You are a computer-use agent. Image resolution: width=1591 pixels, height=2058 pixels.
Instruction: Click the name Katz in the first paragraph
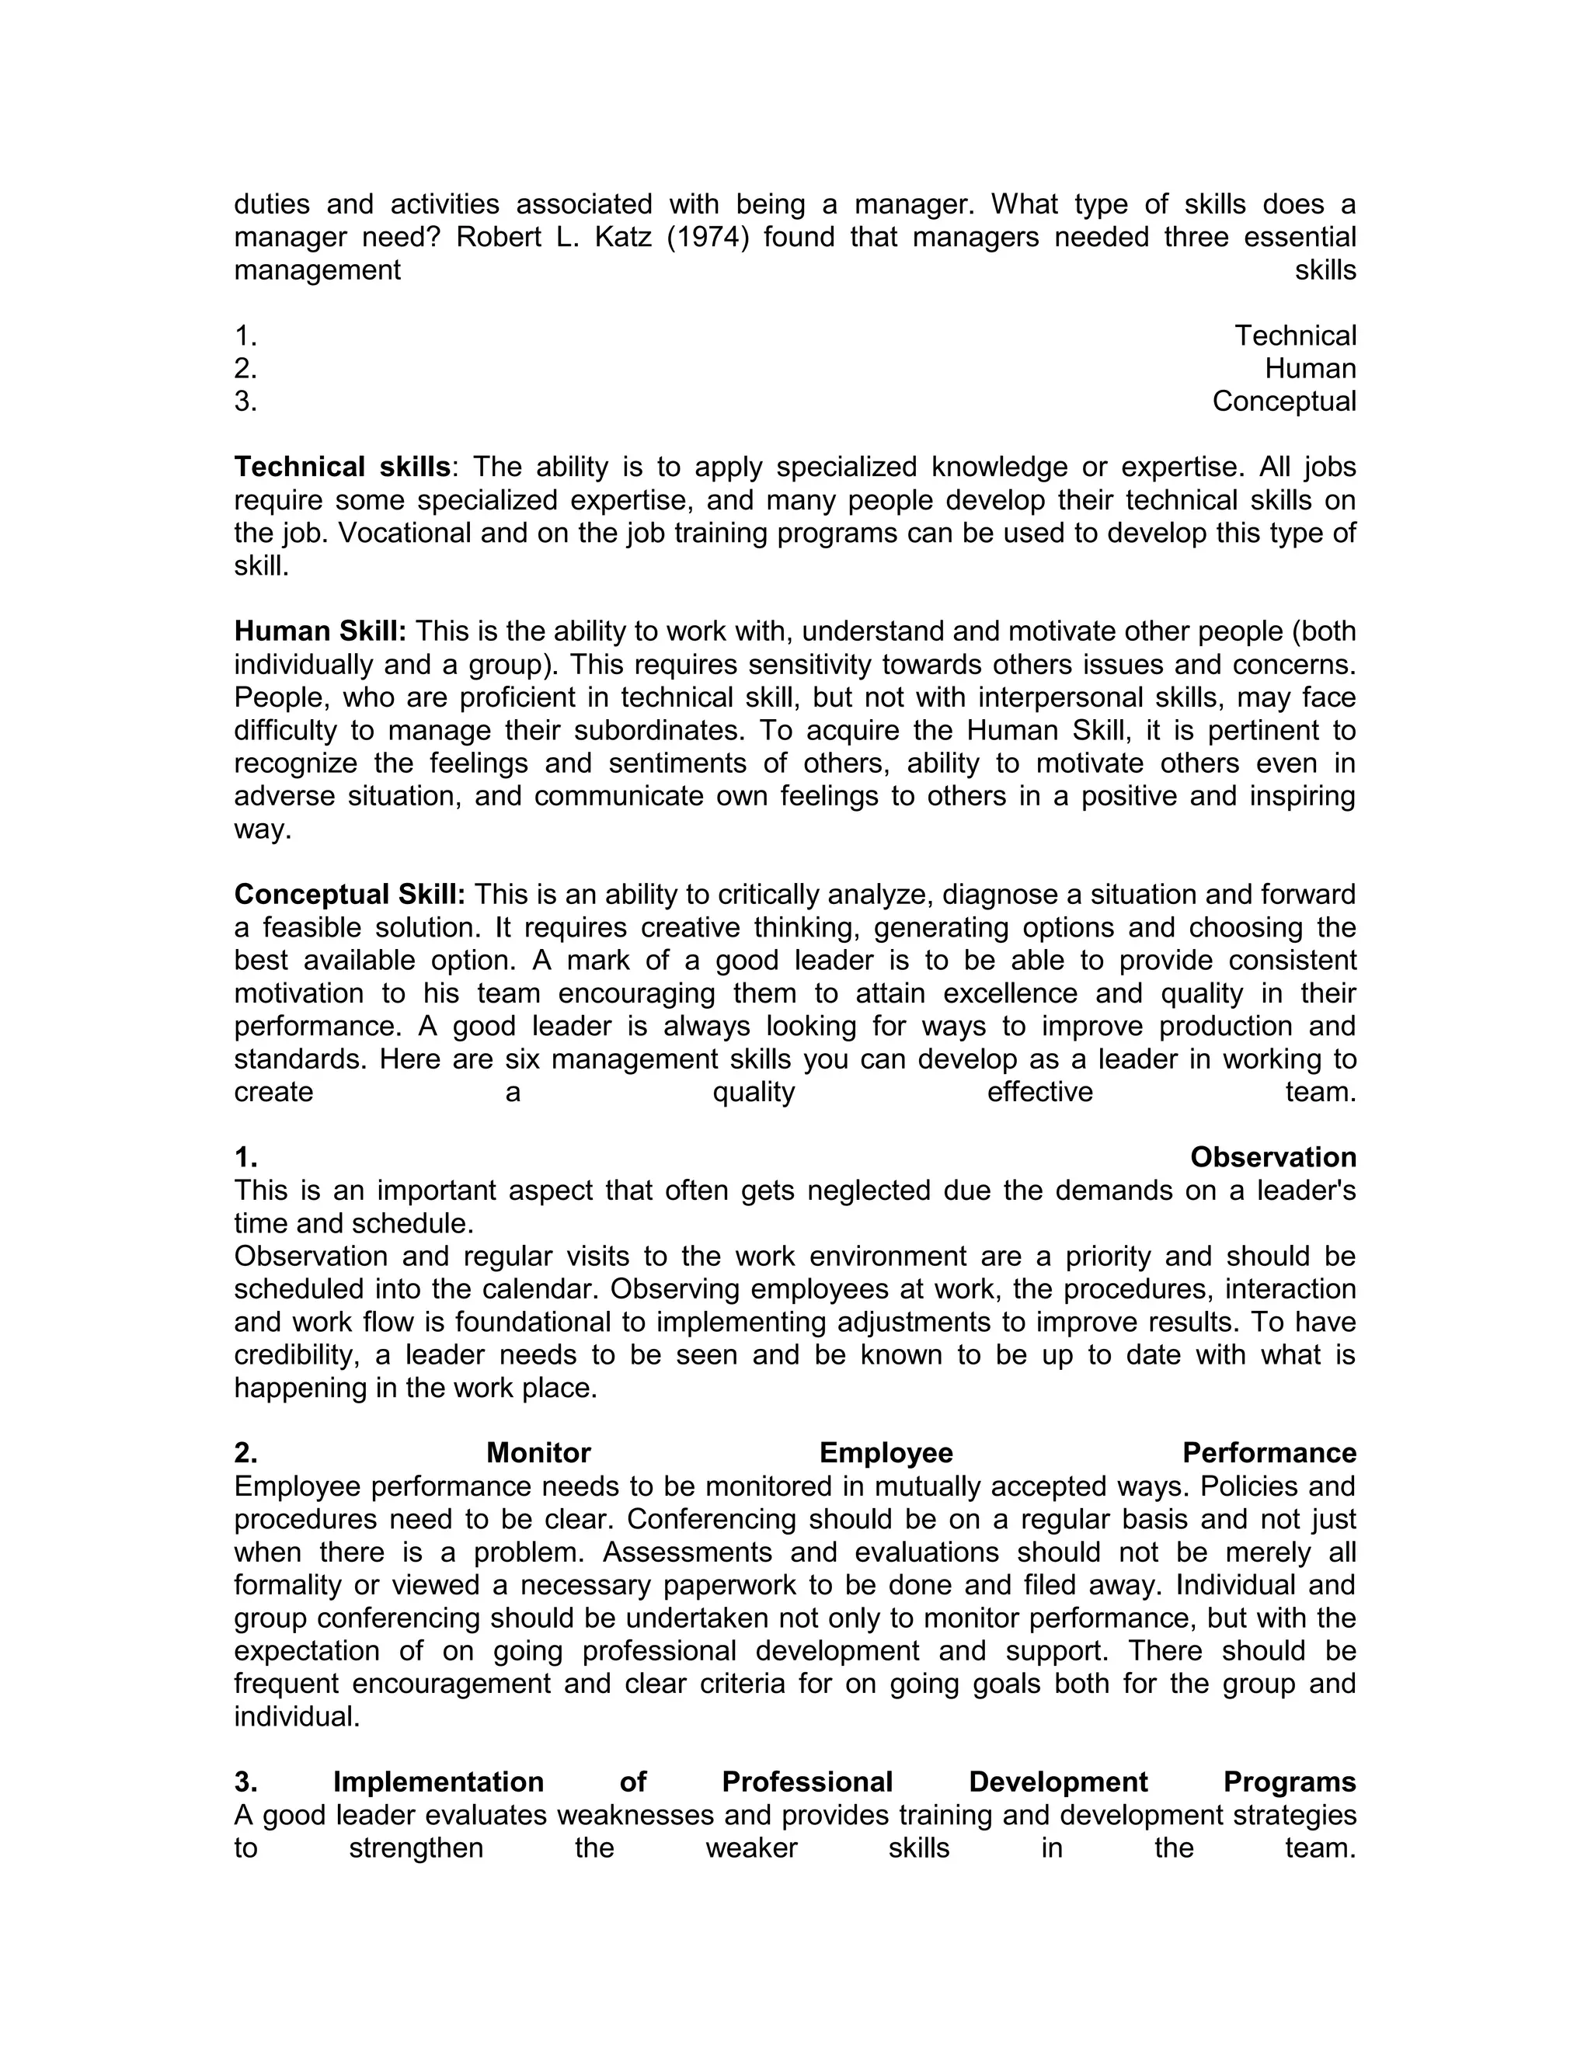click(622, 238)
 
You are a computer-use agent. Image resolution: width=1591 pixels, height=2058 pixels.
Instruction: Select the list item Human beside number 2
click(1310, 368)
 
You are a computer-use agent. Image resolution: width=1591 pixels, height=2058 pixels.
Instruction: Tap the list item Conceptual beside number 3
click(1283, 402)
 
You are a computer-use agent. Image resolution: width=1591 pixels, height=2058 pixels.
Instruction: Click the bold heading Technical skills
click(342, 468)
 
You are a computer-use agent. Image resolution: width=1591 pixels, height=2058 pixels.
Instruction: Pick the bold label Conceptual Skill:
click(350, 894)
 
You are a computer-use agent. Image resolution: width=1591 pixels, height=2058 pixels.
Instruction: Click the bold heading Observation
click(1272, 1157)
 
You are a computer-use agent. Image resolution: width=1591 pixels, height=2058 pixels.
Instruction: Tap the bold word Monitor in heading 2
click(538, 1453)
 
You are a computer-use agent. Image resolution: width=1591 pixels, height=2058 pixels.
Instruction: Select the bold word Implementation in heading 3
click(438, 1782)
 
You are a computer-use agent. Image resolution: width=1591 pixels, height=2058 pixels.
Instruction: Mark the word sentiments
click(693, 763)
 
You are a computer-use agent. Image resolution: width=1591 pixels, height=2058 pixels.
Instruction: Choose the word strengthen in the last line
click(416, 1848)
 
